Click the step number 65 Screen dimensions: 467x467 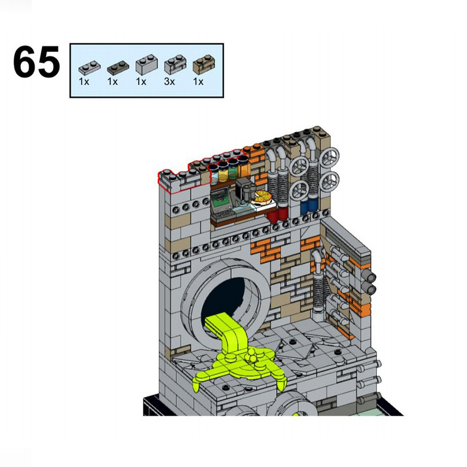[x=36, y=61]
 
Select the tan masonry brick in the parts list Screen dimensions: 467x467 [x=203, y=64]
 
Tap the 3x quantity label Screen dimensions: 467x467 [x=169, y=81]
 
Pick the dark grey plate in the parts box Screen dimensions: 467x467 [x=118, y=68]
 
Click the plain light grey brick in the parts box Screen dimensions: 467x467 [x=147, y=65]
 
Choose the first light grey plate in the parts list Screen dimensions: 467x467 [x=89, y=68]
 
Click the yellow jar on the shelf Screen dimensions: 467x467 [x=223, y=172]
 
